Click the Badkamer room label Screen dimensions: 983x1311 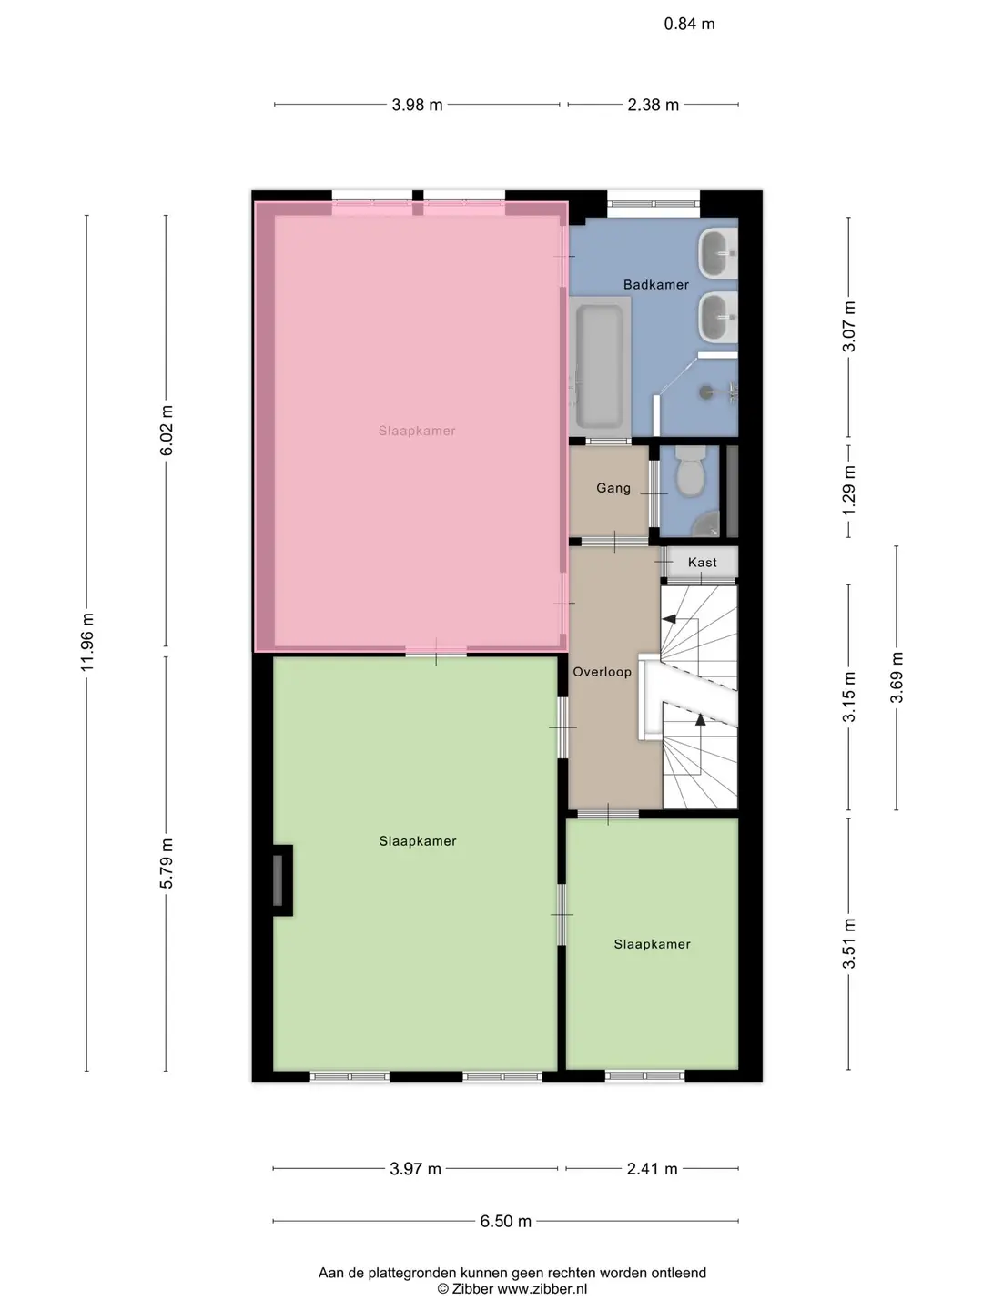(x=655, y=285)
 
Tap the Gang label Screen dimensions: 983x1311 (x=613, y=488)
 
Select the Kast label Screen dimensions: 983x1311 (x=702, y=562)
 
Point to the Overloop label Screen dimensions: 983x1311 (x=602, y=672)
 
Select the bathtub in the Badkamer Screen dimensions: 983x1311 (x=599, y=366)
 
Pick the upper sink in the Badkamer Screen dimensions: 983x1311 (x=717, y=254)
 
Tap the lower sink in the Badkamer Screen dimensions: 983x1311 (x=717, y=317)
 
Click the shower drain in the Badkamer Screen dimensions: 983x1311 (x=706, y=391)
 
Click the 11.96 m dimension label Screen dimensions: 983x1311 (x=87, y=642)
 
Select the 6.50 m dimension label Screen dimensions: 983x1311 (x=505, y=1222)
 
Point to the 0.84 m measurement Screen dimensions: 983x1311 (x=689, y=24)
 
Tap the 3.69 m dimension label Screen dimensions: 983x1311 (x=897, y=678)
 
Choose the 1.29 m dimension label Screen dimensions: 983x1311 (x=848, y=490)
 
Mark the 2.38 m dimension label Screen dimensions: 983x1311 (x=653, y=105)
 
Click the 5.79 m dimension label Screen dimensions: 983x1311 (x=166, y=863)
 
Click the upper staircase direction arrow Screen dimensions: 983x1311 (x=669, y=619)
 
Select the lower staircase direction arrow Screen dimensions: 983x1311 (x=701, y=720)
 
